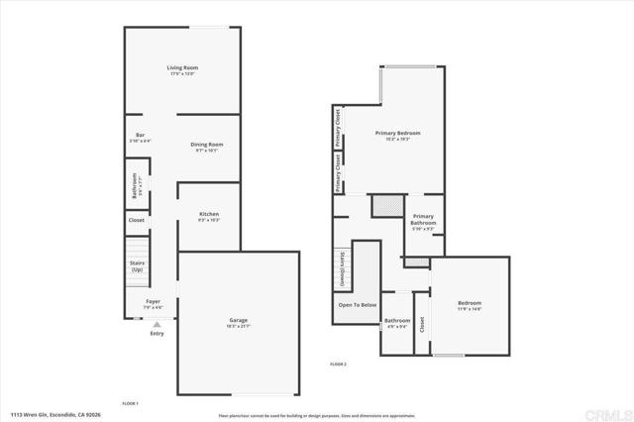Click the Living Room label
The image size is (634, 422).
181,67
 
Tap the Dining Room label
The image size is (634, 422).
207,145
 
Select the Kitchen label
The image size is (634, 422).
208,214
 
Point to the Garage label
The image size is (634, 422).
239,320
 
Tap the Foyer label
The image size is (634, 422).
153,300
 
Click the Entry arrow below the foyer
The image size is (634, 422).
157,323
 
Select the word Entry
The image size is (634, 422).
157,333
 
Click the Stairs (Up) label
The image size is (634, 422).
137,266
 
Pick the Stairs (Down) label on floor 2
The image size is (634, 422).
342,270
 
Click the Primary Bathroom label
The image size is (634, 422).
423,219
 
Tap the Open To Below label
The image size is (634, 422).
358,304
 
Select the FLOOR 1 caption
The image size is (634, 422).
130,403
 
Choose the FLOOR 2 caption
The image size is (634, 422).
339,365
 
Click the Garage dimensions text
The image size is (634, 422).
239,326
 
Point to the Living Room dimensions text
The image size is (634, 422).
181,73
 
